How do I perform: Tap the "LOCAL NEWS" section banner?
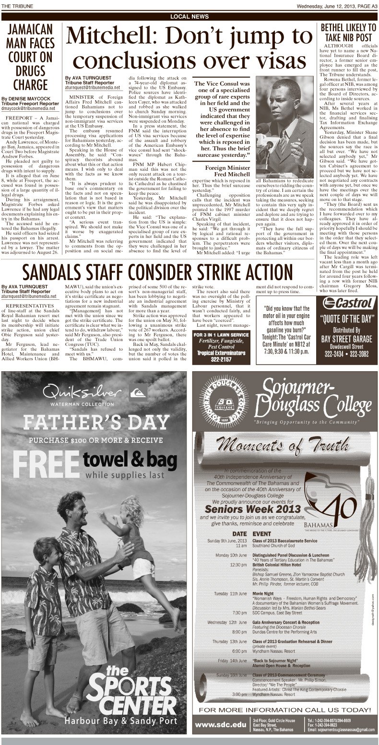click(x=189, y=17)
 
